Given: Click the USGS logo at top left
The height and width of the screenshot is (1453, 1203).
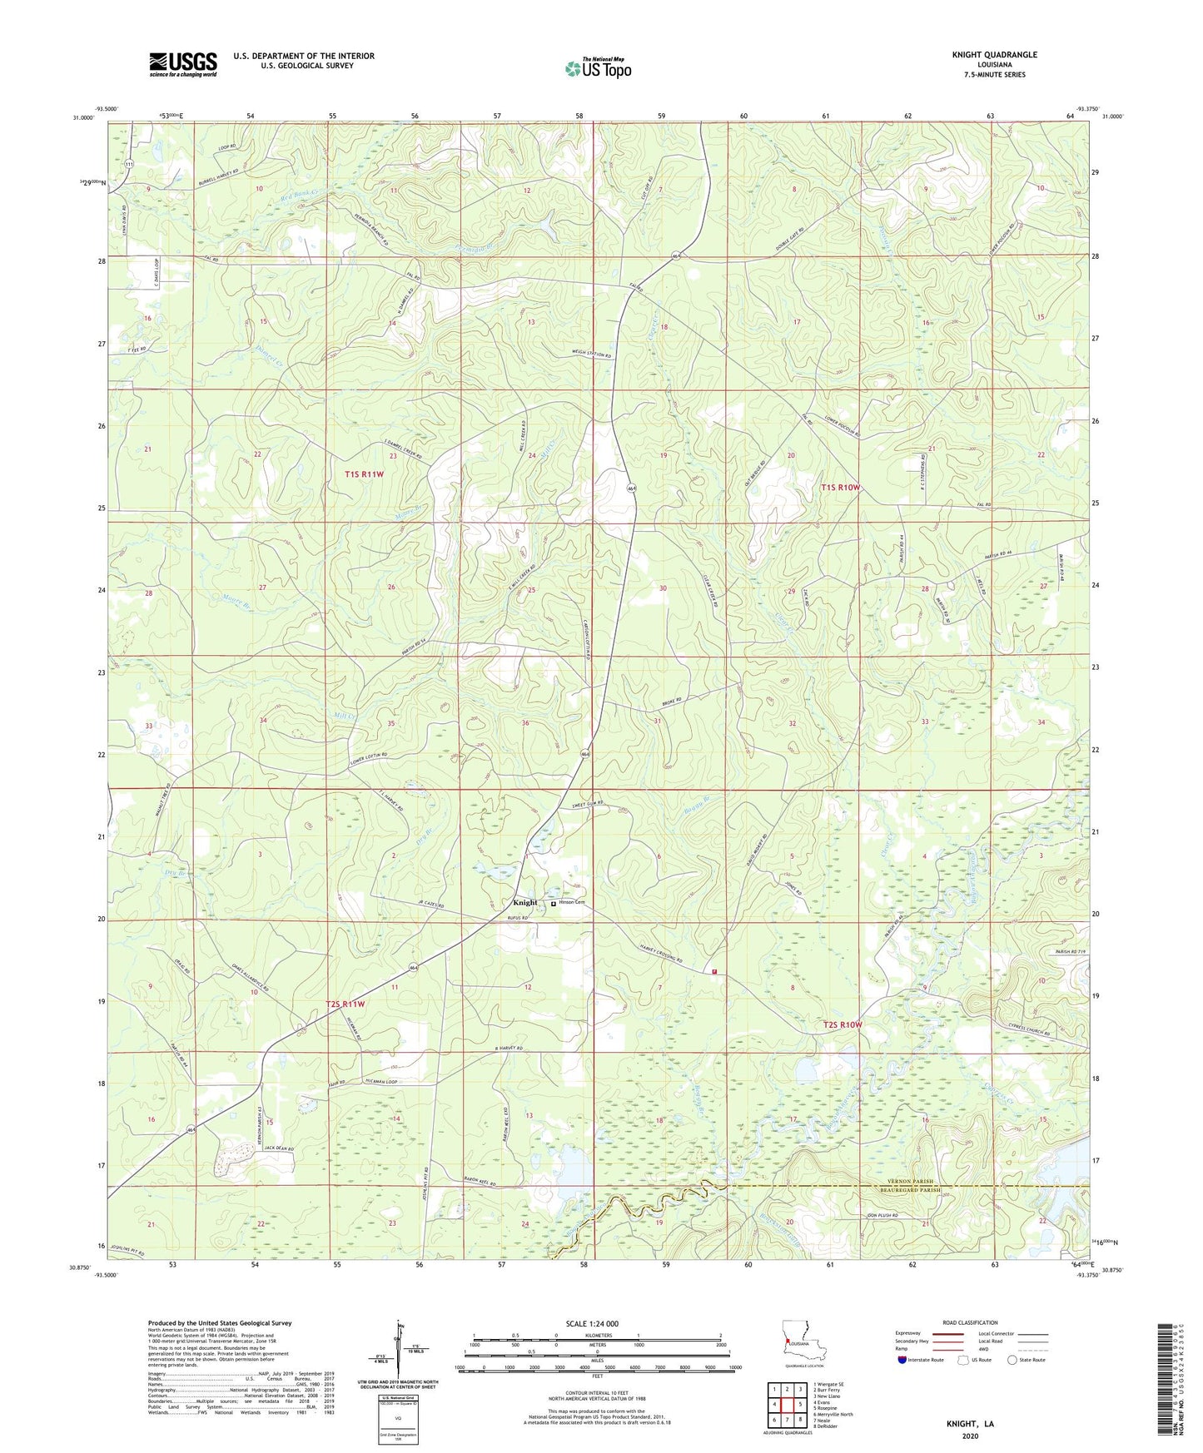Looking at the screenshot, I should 182,63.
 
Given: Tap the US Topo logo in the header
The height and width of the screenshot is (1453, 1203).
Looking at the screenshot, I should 598,69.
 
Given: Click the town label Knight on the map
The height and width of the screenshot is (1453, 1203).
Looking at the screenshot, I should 525,903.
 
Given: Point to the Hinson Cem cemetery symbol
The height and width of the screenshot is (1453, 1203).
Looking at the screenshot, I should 554,903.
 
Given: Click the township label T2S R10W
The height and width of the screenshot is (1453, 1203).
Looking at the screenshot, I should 843,1024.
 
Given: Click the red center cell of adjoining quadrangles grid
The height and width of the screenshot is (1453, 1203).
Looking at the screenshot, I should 787,1405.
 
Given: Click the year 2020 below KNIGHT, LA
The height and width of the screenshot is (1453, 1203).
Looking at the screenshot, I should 970,1436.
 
